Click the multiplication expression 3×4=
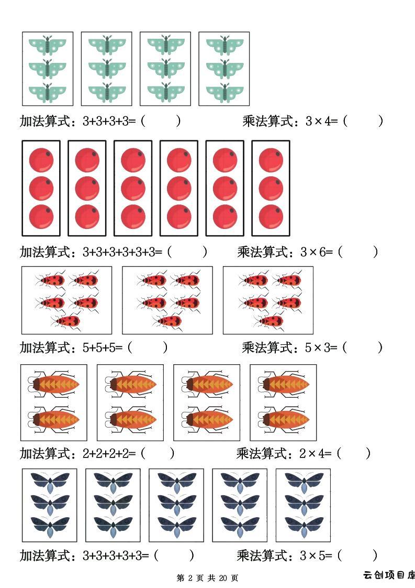(x=322, y=121)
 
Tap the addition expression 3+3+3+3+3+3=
(x=122, y=252)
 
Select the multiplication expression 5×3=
(x=321, y=347)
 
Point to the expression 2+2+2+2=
(x=109, y=453)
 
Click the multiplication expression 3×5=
(x=316, y=556)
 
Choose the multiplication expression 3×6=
(x=317, y=252)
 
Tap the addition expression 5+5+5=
(x=102, y=347)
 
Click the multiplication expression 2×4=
(x=316, y=453)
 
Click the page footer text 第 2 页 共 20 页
(x=207, y=578)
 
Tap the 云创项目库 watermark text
(x=389, y=575)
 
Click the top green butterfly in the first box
(x=48, y=46)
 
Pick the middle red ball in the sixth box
(x=271, y=188)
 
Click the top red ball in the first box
(x=41, y=160)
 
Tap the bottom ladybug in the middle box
(x=167, y=321)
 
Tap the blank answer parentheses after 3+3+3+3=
(x=161, y=121)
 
